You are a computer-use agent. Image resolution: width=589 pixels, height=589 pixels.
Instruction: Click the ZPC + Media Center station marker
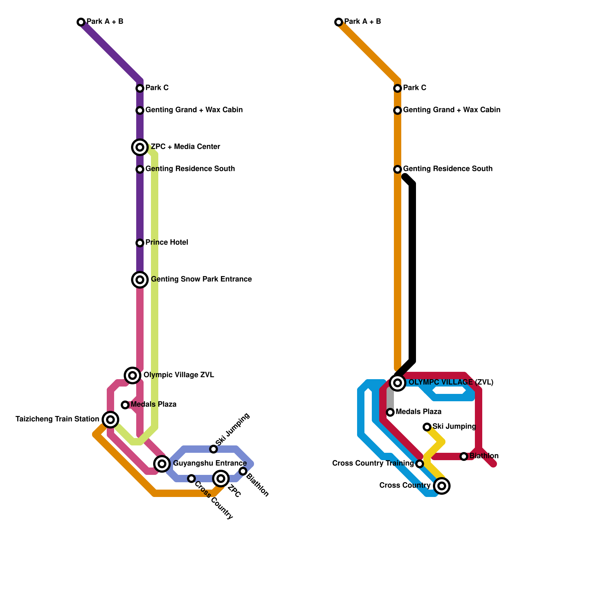[x=140, y=147]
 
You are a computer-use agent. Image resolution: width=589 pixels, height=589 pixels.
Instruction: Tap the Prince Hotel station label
[x=166, y=243]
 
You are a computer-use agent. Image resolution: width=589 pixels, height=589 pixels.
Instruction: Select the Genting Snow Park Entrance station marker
[x=140, y=280]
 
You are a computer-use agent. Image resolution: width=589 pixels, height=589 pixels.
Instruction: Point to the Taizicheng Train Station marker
[x=110, y=419]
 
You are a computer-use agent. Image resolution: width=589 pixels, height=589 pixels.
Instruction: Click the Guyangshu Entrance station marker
[x=162, y=463]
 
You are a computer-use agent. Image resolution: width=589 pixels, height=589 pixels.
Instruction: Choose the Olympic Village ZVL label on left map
[x=179, y=375]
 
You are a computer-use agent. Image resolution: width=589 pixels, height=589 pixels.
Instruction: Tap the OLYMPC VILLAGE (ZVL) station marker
[x=398, y=383]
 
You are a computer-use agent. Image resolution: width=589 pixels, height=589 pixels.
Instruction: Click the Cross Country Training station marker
[x=420, y=464]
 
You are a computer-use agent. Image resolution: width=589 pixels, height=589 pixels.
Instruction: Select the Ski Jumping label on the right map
[x=454, y=427]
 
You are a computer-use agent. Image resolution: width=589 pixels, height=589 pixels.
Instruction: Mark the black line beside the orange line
[x=413, y=272]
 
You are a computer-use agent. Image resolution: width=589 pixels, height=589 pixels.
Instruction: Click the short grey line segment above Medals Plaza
[x=390, y=399]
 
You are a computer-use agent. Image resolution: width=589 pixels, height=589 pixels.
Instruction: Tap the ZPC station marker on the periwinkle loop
[x=221, y=478]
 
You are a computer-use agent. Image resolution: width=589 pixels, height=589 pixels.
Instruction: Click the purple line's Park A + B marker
[x=81, y=22]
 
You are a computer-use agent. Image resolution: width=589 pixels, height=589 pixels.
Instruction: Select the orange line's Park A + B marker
[x=339, y=22]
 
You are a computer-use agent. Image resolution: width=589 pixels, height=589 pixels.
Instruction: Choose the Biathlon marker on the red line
[x=464, y=456]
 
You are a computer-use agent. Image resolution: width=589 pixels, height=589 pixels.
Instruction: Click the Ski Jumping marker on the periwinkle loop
[x=214, y=449]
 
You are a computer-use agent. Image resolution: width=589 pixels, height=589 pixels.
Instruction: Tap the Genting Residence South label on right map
[x=448, y=169]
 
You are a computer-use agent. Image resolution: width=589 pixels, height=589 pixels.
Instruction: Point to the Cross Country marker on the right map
[x=442, y=486]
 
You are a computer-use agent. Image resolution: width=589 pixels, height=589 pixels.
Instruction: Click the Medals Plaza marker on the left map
[x=125, y=405]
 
